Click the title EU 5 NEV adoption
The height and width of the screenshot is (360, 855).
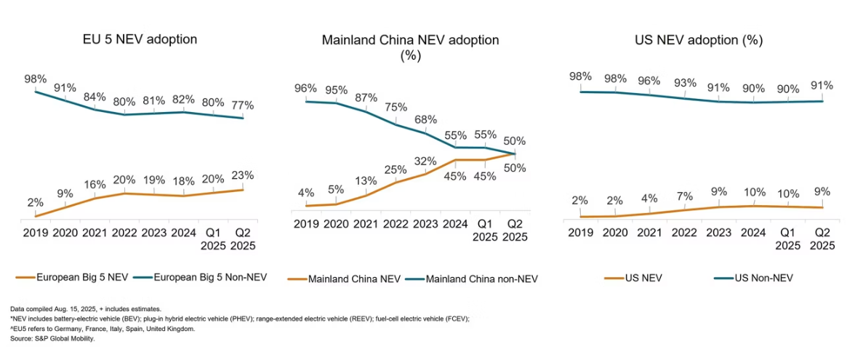coord(140,39)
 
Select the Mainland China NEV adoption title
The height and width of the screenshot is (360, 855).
coord(410,40)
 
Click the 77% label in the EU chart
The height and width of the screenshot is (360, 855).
coord(242,105)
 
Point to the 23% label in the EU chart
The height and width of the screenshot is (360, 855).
coord(242,176)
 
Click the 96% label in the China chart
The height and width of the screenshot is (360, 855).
coord(305,88)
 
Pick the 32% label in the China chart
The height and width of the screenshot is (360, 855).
coord(425,161)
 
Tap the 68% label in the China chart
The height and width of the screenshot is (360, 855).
coord(425,119)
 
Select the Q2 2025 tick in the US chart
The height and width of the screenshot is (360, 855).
coord(822,239)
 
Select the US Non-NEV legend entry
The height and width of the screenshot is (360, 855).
coord(762,278)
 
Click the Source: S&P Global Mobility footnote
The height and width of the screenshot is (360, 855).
coord(52,338)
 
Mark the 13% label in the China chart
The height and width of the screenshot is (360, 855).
coord(365,181)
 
